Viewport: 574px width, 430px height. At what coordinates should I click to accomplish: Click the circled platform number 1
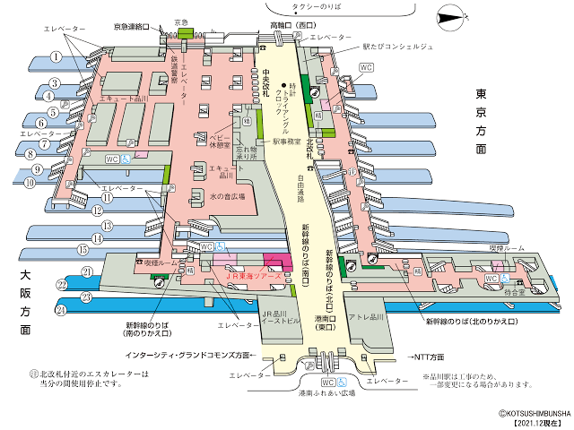[56, 56]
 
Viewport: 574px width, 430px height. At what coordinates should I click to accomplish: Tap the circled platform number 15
[83, 250]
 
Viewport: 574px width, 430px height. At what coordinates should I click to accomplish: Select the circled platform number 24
[62, 310]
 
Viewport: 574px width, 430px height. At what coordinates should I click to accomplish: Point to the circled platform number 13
[106, 226]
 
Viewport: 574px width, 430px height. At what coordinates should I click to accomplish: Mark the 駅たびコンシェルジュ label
[398, 46]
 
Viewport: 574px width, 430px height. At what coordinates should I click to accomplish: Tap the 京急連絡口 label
[136, 29]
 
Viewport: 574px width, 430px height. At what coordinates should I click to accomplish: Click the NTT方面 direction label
[430, 356]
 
